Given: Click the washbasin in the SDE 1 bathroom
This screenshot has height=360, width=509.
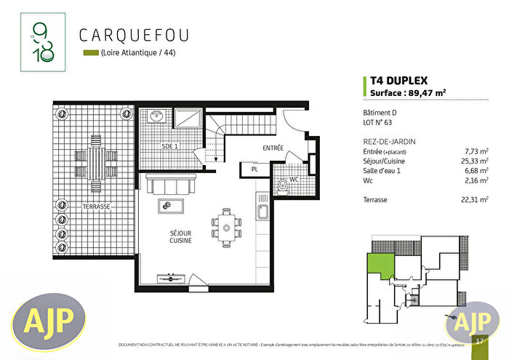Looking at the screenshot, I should click(x=155, y=116).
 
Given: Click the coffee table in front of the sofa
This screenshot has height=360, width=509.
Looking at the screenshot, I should click(x=170, y=207).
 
